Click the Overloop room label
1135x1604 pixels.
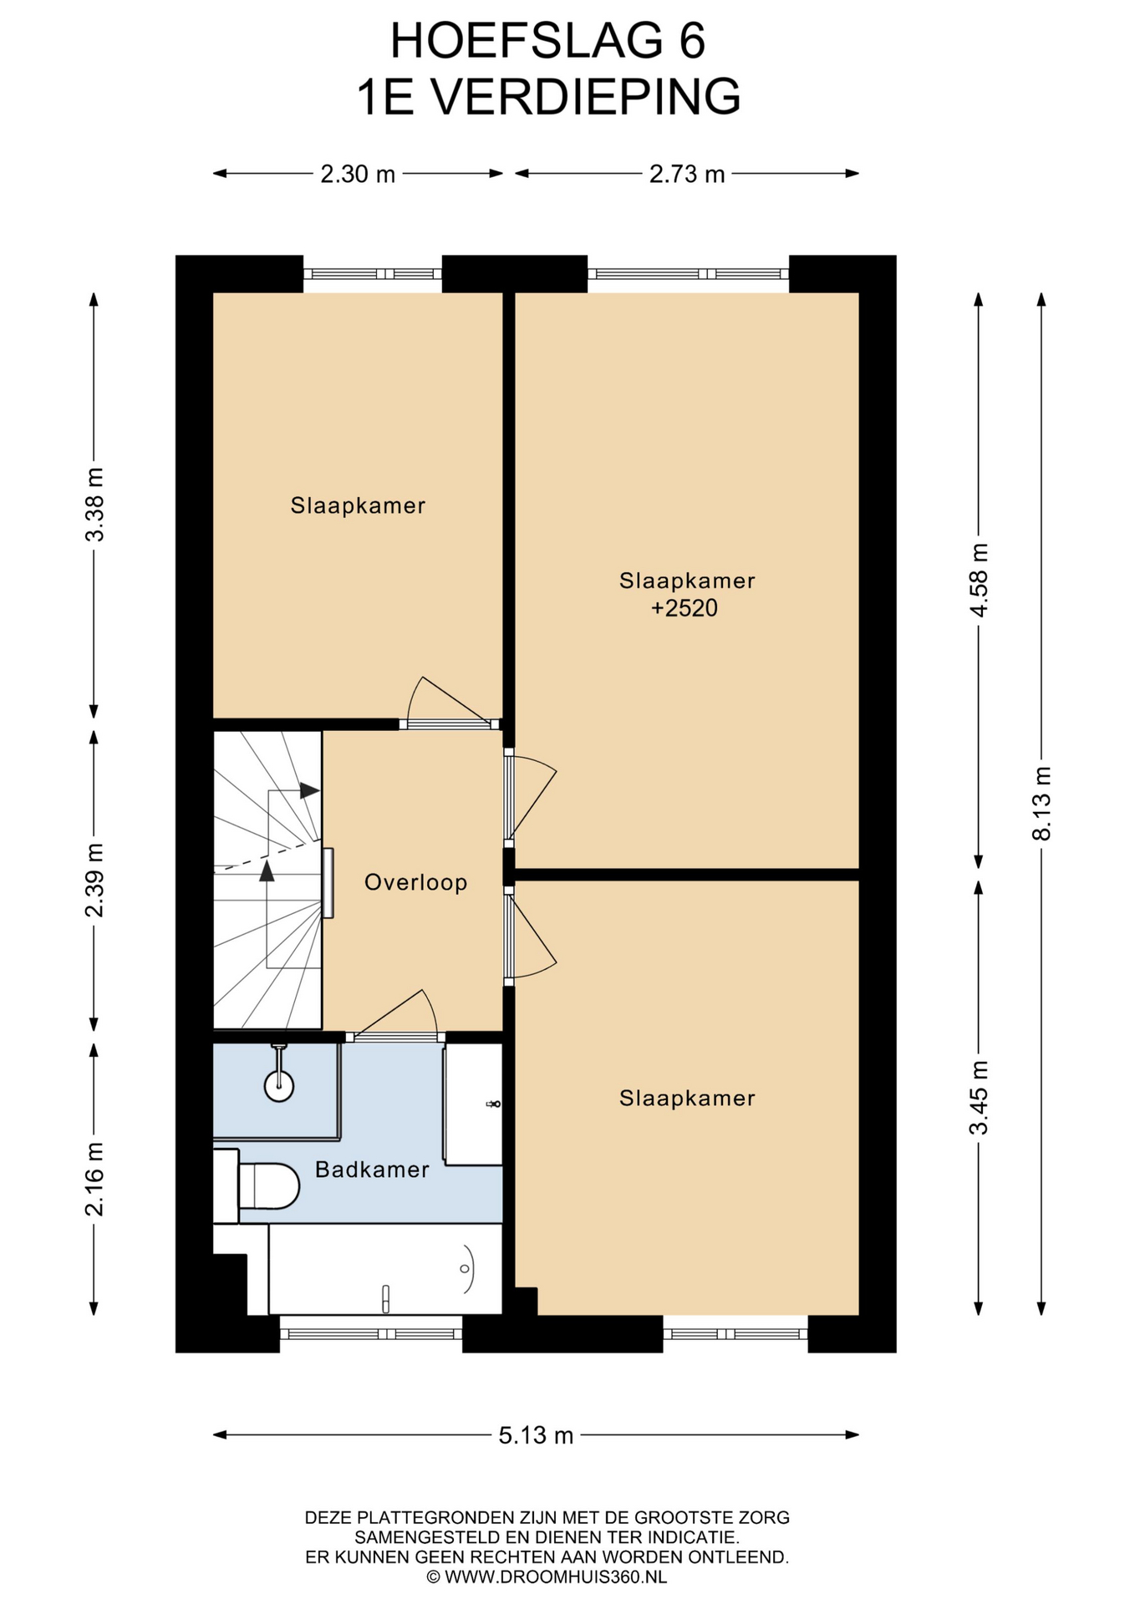(x=415, y=882)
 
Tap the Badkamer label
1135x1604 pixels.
(x=372, y=1170)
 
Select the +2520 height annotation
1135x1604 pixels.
(x=685, y=607)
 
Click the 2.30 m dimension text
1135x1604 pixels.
(x=358, y=174)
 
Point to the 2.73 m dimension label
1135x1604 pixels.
(x=687, y=174)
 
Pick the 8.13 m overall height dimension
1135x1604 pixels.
(x=1041, y=803)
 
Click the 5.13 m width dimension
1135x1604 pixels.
(x=536, y=1435)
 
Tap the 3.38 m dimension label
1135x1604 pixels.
(x=94, y=505)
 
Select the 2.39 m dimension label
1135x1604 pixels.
(x=94, y=881)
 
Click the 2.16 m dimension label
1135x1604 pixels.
(x=94, y=1179)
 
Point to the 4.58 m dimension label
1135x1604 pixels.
(x=979, y=580)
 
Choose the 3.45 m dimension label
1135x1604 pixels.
(x=979, y=1098)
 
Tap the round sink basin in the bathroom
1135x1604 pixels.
(x=279, y=1086)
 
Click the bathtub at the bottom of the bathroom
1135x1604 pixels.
(x=385, y=1270)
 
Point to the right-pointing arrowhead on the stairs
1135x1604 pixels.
(x=310, y=790)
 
